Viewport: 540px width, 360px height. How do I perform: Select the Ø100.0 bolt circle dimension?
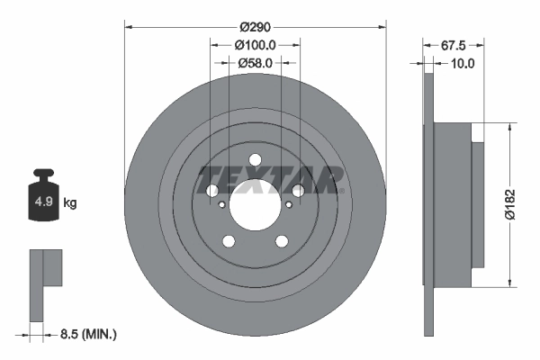[x=255, y=44]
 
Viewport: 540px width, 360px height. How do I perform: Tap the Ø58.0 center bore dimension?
[x=256, y=63]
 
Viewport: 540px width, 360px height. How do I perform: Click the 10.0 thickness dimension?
[x=463, y=63]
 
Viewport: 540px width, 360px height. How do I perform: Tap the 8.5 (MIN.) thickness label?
[x=86, y=334]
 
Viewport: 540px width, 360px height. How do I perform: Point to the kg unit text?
[x=70, y=203]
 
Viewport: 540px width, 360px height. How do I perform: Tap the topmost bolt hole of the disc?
[x=255, y=159]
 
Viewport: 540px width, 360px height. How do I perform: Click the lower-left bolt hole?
[x=228, y=241]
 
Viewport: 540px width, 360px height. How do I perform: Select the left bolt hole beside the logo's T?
[x=211, y=191]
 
